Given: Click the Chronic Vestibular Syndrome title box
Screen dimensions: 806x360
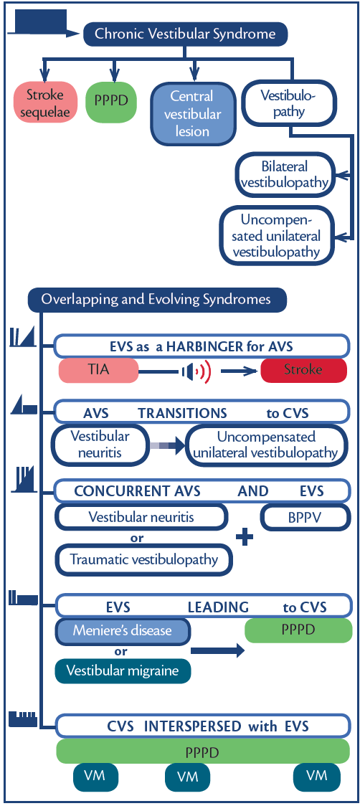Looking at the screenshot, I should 185,34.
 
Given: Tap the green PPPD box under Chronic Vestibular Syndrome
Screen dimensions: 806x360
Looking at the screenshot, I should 111,100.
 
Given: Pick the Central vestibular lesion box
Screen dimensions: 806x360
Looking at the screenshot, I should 191,114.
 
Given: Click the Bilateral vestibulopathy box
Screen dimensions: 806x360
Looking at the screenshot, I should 285,174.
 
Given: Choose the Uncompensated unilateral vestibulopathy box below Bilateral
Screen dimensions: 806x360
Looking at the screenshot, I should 277,234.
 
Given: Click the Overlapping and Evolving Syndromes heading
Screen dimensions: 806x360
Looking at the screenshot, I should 156,299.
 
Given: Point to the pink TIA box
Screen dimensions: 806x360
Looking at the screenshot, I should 98,370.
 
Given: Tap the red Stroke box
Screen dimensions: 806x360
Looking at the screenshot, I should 303,370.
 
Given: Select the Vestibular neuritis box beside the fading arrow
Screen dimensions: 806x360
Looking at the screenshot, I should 100,445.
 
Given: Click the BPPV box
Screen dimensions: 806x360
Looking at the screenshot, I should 305,516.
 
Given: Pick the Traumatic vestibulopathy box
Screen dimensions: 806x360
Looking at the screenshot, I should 144,559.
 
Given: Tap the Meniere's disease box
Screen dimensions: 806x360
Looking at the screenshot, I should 123,630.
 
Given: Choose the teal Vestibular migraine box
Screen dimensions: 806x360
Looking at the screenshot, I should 123,670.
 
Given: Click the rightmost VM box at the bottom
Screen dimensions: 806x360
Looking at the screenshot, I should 316,775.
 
